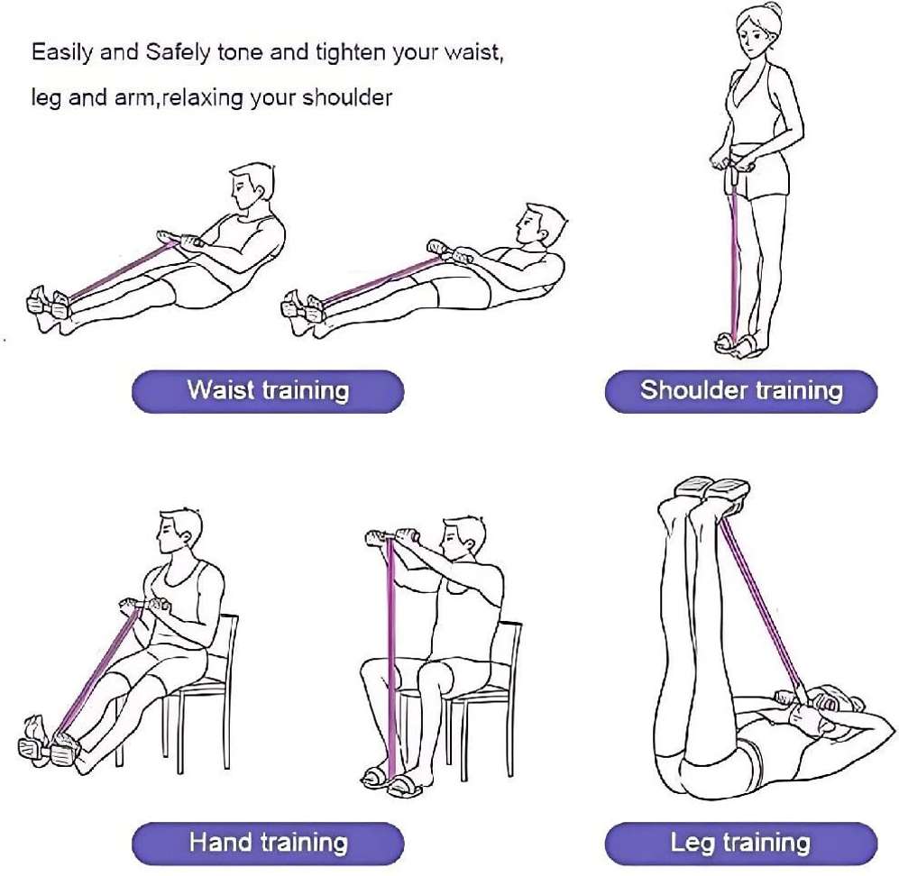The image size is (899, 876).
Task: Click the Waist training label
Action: click(269, 391)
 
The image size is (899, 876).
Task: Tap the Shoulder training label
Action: click(741, 391)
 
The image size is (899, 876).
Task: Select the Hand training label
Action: click(269, 843)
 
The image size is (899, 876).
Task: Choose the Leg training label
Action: click(741, 843)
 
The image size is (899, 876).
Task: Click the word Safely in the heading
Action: click(178, 52)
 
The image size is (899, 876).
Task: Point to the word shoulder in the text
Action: click(347, 97)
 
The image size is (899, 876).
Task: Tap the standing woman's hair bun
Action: click(772, 10)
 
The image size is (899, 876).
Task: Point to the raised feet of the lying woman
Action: click(712, 490)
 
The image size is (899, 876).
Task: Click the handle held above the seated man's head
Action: click(390, 537)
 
